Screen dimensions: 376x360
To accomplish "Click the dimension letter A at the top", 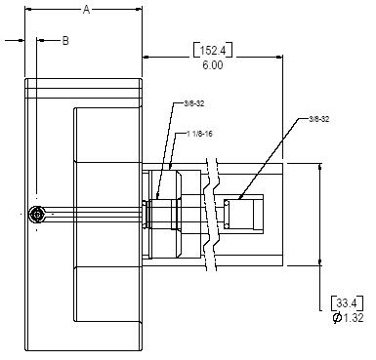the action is (86, 10).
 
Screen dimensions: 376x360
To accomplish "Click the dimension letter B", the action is (65, 41).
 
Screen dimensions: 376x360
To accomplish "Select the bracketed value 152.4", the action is (213, 51).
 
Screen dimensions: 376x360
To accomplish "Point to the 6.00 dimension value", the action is (213, 65).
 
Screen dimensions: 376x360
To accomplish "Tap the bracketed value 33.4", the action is (347, 303).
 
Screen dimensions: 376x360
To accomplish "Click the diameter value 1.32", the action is (353, 318).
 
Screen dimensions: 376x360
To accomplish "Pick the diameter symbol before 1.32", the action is (337, 318).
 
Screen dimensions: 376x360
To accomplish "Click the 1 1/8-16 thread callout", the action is (199, 134).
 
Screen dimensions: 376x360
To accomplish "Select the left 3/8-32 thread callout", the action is (194, 103).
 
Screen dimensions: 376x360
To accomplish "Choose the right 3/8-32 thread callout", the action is (319, 119).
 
